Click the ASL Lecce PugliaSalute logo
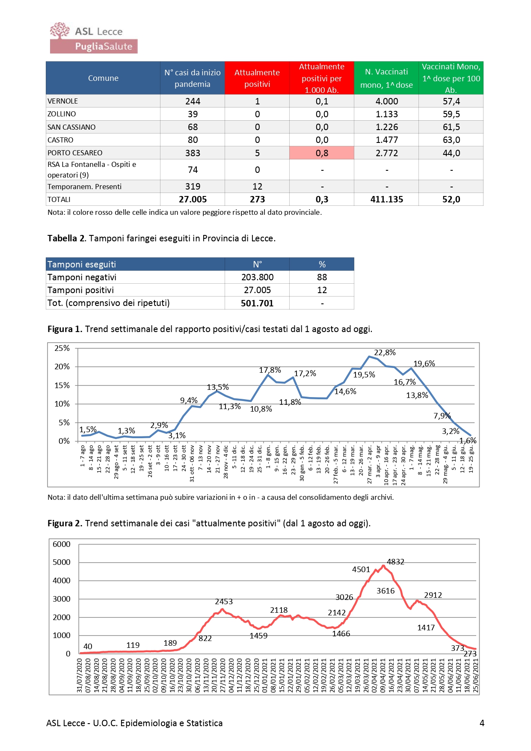pyautogui.click(x=94, y=38)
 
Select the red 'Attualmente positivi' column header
pyautogui.click(x=257, y=78)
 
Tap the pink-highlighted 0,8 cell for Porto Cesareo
pyautogui.click(x=322, y=153)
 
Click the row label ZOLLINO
pyautogui.click(x=62, y=114)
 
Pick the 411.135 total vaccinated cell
pyautogui.click(x=387, y=199)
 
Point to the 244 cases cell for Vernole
pyautogui.click(x=193, y=101)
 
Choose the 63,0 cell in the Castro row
pyautogui.click(x=451, y=140)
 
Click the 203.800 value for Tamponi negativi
pyautogui.click(x=257, y=277)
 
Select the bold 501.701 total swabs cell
pyautogui.click(x=257, y=303)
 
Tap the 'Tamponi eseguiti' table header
pyautogui.click(x=82, y=264)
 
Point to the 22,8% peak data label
pyautogui.click(x=385, y=353)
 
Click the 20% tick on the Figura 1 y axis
pyautogui.click(x=62, y=367)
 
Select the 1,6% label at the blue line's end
pyautogui.click(x=468, y=440)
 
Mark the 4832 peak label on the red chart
pyautogui.click(x=395, y=562)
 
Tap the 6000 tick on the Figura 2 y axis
pyautogui.click(x=62, y=544)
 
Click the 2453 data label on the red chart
pyautogui.click(x=224, y=602)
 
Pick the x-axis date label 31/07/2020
pyautogui.click(x=80, y=675)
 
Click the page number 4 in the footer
pyautogui.click(x=482, y=723)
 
